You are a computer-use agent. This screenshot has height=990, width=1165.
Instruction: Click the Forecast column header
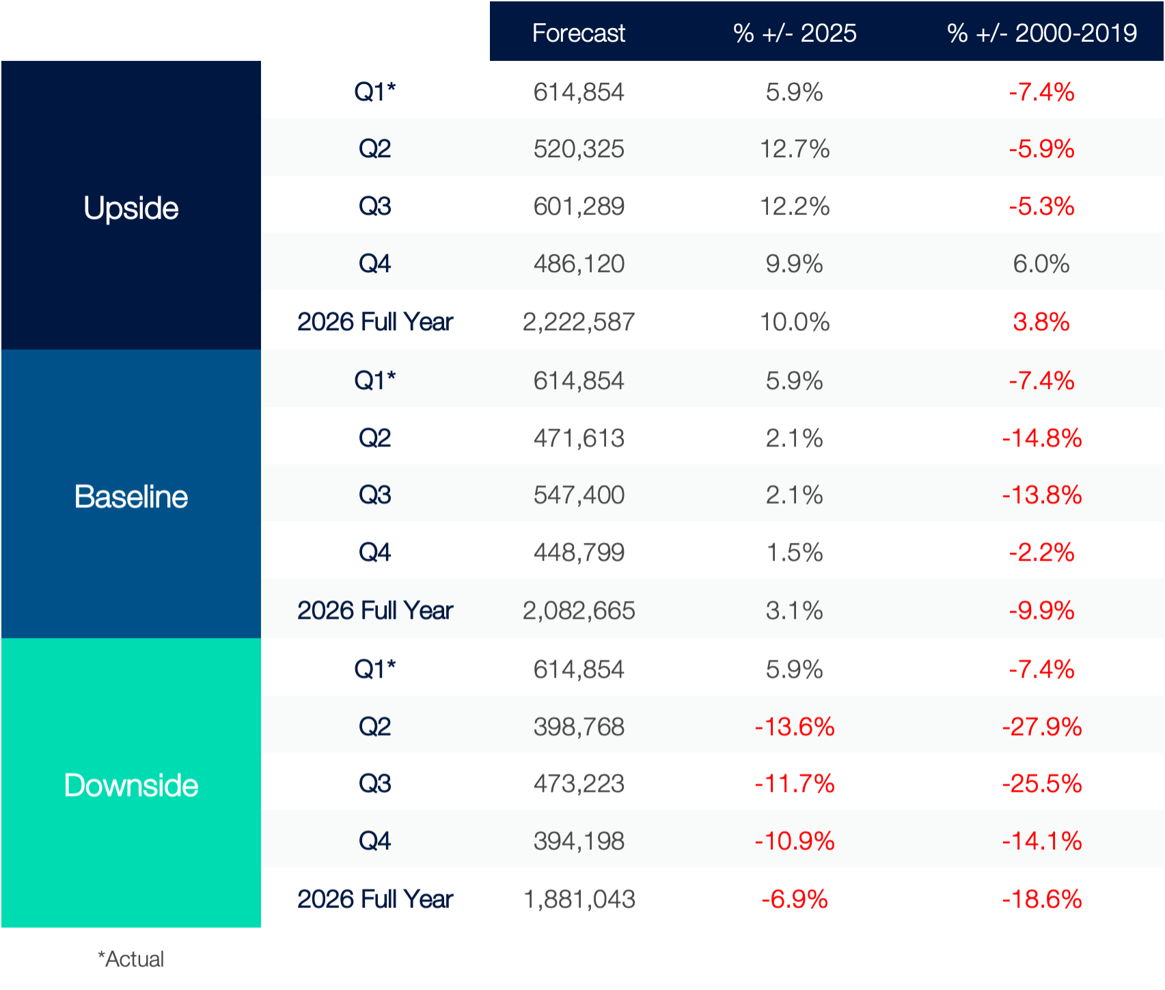point(578,33)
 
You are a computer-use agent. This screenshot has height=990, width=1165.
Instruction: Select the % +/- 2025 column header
point(794,33)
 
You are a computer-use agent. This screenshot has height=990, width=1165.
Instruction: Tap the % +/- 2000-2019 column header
point(1041,33)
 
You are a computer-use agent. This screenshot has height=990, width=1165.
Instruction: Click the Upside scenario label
point(131,208)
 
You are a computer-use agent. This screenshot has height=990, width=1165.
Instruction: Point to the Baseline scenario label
point(131,496)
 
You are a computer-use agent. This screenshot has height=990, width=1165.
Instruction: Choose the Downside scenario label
point(131,785)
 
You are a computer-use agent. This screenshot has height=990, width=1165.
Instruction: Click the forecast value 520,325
point(578,149)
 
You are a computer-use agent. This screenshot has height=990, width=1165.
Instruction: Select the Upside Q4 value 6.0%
point(1041,264)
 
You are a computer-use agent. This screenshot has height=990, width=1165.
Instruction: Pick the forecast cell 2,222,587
point(578,322)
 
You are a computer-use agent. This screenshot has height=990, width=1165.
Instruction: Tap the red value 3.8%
point(1041,322)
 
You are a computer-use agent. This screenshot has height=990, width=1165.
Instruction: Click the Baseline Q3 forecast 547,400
point(578,495)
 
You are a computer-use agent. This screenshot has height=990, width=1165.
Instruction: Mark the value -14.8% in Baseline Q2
point(1041,438)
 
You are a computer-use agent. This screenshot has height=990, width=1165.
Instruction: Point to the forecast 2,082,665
point(578,611)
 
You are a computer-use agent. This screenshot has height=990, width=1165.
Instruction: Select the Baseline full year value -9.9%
point(1041,611)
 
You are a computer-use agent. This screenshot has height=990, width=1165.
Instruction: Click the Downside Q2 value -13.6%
point(794,727)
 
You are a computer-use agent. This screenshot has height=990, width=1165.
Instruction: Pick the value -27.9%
point(1041,727)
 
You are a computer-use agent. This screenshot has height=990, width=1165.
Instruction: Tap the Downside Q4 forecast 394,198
point(578,841)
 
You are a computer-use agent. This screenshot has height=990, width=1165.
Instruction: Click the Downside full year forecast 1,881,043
point(578,899)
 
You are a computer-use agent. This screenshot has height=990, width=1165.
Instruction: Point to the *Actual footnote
point(131,959)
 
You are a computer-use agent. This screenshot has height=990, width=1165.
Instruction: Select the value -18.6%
point(1041,899)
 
